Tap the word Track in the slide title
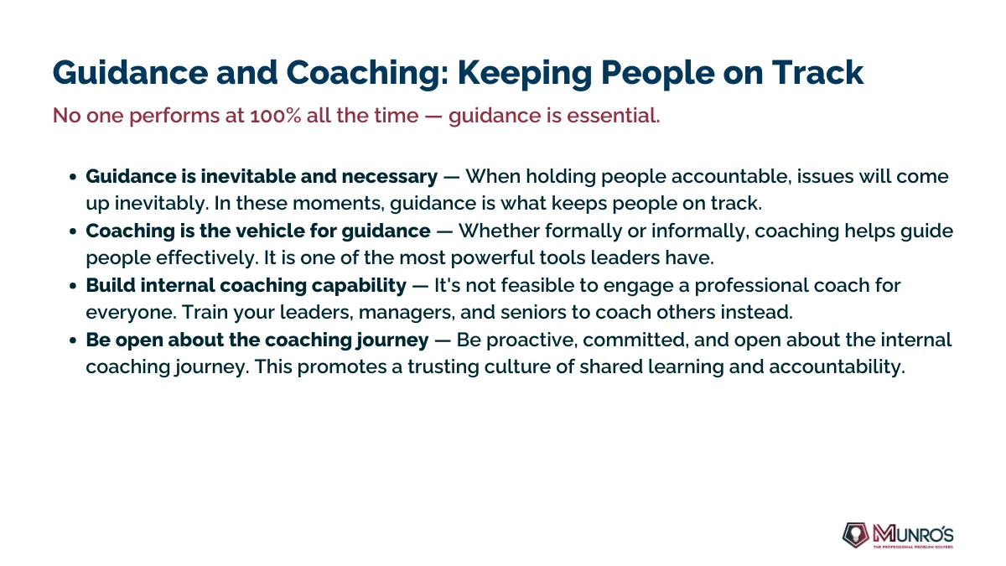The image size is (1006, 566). click(x=817, y=72)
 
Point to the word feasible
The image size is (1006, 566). click(x=537, y=285)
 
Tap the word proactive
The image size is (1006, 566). click(x=531, y=340)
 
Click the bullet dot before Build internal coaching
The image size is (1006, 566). click(x=73, y=286)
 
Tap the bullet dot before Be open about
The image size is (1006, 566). click(x=73, y=340)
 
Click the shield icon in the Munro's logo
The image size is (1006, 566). click(x=856, y=535)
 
